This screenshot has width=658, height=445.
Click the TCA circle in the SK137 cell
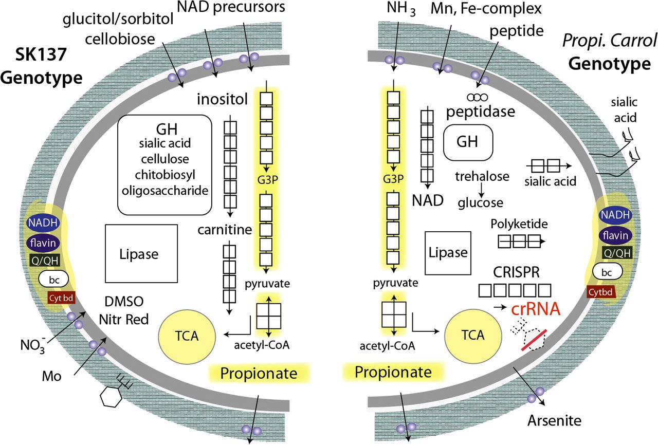coord(180,336)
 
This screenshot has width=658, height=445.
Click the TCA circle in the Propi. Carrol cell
coord(473,336)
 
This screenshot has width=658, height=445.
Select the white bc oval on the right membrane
coord(607,270)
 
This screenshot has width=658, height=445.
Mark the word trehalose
coord(482,176)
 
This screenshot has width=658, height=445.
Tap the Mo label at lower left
coord(52,377)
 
